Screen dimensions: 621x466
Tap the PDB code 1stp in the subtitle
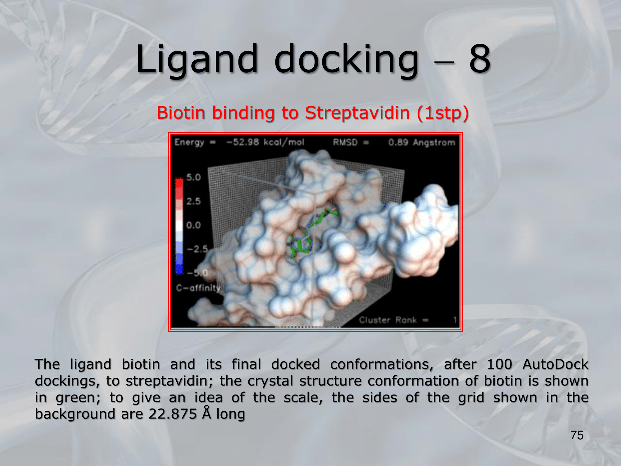click(x=443, y=113)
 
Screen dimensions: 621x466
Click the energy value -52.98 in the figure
click(x=243, y=142)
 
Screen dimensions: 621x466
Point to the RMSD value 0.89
click(x=398, y=142)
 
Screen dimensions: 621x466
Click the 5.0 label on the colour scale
click(x=193, y=177)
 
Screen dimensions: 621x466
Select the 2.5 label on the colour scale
click(x=193, y=201)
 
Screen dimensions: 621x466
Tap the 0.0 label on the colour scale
click(x=193, y=225)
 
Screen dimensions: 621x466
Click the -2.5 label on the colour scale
click(x=197, y=249)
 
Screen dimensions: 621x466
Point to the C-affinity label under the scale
click(x=198, y=288)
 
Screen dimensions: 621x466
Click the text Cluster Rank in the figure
click(x=388, y=320)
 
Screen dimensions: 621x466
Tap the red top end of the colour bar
click(x=179, y=182)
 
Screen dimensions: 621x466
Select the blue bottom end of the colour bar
click(x=179, y=270)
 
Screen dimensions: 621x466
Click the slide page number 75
click(x=577, y=435)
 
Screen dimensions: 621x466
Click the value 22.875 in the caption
click(x=173, y=414)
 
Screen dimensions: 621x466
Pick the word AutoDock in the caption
click(x=555, y=364)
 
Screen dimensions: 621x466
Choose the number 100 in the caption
click(x=499, y=364)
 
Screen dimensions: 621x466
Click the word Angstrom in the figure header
click(x=434, y=143)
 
